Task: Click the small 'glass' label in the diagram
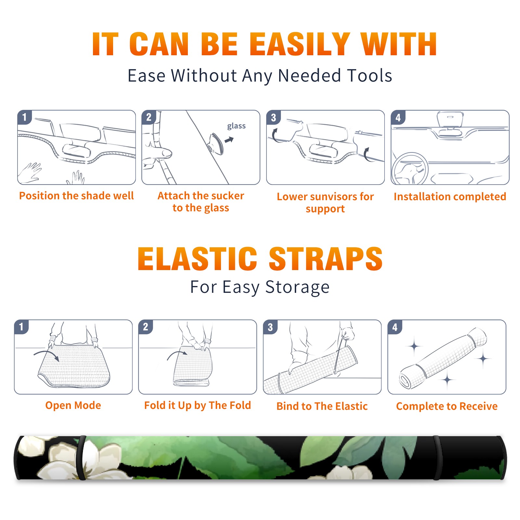tap(236, 126)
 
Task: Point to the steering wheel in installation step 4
tap(410, 169)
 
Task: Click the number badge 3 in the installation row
tap(274, 117)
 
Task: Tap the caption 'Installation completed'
tap(450, 196)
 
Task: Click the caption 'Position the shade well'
tap(76, 196)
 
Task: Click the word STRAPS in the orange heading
tap(326, 259)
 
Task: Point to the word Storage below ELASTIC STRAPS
tap(297, 287)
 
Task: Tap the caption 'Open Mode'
tap(73, 405)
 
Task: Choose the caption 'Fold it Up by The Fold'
tap(198, 405)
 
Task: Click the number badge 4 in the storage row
tap(395, 327)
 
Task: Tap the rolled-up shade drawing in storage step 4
tap(443, 358)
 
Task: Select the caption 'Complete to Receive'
tap(447, 406)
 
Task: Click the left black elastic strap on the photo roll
tap(81, 458)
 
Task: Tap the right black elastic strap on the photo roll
tap(437, 458)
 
